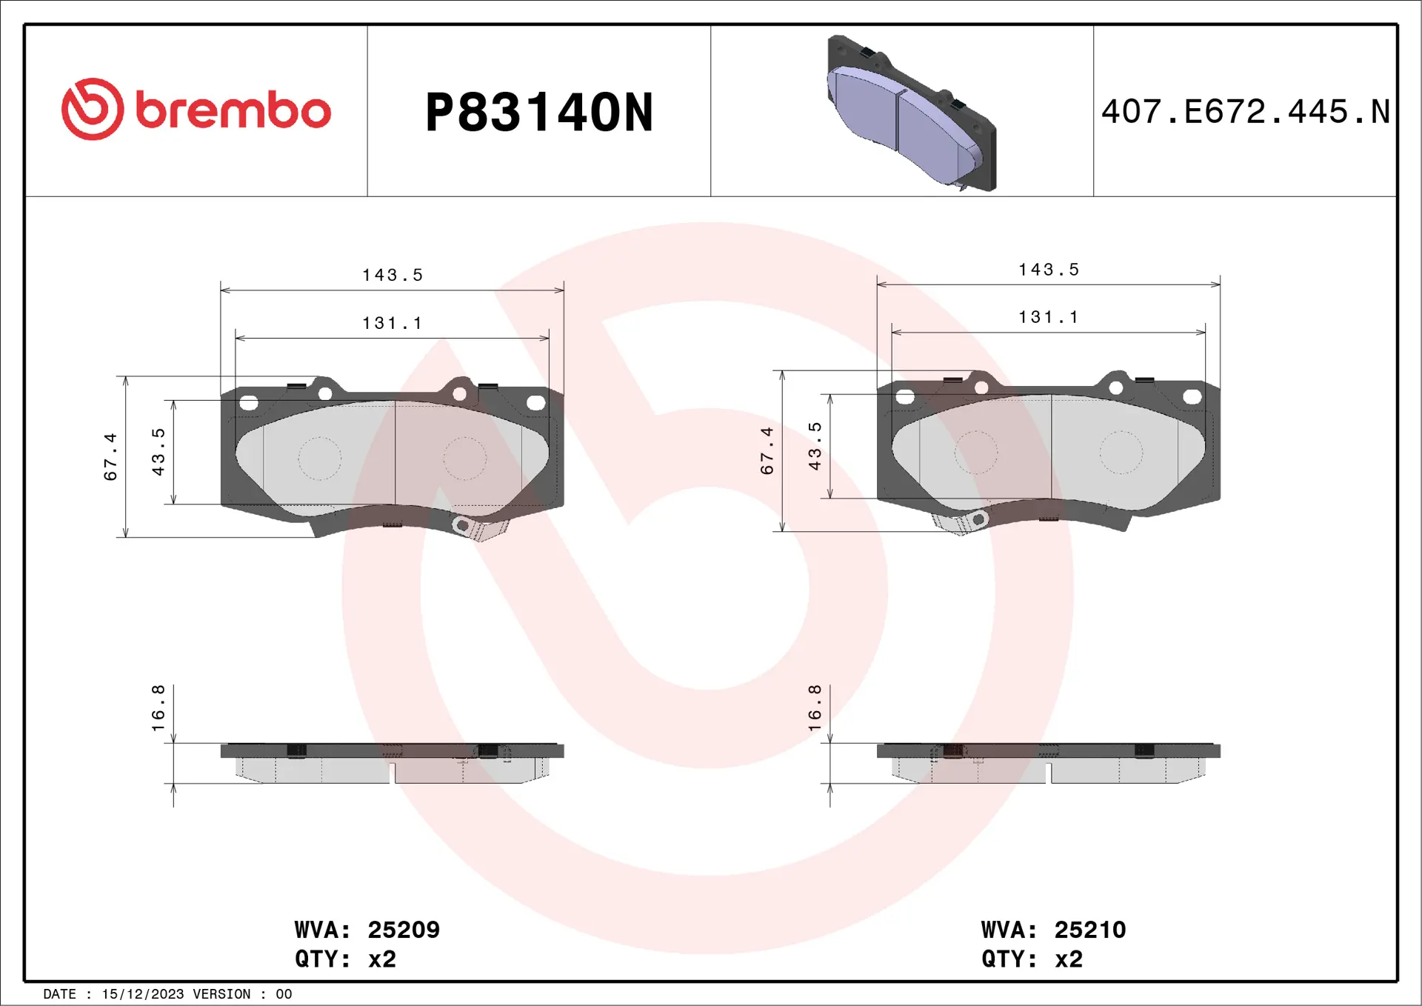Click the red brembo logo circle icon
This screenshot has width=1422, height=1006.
coord(93,109)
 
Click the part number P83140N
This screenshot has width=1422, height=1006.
coord(538,113)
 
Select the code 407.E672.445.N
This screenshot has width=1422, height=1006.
coord(1245,112)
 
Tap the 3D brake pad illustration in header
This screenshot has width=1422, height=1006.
coord(911,113)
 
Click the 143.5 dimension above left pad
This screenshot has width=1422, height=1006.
coord(392,276)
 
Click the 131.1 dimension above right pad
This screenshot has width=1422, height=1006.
coord(1048,317)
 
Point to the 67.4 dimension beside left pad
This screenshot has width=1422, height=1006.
coord(110,456)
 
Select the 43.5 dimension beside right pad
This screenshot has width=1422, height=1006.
coord(815,446)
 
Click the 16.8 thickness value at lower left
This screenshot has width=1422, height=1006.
coord(158,708)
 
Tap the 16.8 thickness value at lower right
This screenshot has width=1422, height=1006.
coord(815,708)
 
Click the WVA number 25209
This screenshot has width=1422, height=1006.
coord(403,930)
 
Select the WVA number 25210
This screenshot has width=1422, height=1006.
coord(1089,930)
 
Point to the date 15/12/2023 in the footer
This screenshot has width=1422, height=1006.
coord(142,994)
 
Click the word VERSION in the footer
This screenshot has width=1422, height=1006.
coord(221,994)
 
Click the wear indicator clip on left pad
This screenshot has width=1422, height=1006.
coord(479,528)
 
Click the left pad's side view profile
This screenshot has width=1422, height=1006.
coord(392,763)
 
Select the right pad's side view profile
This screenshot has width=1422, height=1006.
coord(1048,763)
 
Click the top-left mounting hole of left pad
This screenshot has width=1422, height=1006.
coord(249,403)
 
